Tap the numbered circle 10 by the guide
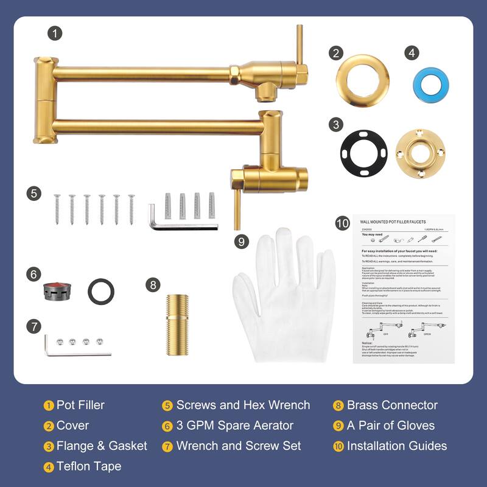coord(342,223)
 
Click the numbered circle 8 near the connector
coord(153,284)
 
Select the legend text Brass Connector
coord(392,405)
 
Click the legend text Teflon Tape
coord(89,466)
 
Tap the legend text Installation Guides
coord(397,446)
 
